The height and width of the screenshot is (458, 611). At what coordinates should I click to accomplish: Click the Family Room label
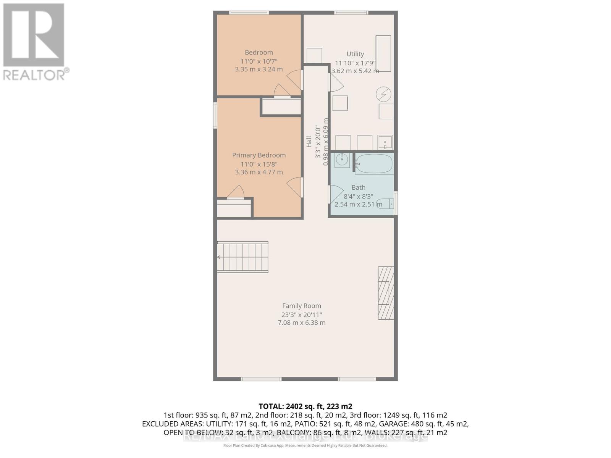point(301,306)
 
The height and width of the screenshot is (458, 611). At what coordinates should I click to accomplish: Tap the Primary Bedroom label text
point(259,155)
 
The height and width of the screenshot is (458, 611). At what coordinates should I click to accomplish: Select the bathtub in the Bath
point(373,164)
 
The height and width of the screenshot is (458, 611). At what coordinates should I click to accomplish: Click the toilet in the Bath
point(386,204)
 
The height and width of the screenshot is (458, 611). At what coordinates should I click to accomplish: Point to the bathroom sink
point(342,160)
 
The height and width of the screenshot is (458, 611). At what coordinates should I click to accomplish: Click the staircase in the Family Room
point(242,257)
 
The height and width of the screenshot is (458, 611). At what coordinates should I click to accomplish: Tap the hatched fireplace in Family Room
point(386,293)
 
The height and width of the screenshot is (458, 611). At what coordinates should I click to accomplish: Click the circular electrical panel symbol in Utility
point(383,94)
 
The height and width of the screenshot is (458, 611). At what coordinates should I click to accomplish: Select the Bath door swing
point(335,194)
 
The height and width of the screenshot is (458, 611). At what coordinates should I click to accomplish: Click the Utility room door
point(335,82)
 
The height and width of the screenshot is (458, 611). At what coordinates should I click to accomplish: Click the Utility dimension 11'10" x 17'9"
point(355,63)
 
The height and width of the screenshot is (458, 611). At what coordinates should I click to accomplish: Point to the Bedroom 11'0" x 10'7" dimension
point(259,61)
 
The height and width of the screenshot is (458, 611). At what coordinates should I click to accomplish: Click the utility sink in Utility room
point(385,142)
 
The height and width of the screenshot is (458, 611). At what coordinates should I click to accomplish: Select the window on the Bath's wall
point(396,203)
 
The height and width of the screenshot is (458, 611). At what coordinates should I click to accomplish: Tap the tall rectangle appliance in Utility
point(383,53)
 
